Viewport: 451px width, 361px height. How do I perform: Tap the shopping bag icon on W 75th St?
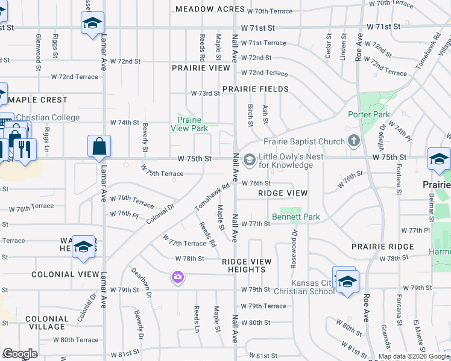click(x=99, y=146)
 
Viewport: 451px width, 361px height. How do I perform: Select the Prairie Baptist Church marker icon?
click(x=353, y=142)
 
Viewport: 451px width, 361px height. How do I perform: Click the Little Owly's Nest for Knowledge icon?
click(x=250, y=159)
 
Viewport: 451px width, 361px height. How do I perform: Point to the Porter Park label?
click(x=369, y=114)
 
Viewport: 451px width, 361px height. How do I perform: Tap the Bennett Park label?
click(x=295, y=217)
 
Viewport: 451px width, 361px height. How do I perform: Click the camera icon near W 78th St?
click(x=177, y=277)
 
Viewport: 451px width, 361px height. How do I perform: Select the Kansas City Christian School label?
click(x=313, y=287)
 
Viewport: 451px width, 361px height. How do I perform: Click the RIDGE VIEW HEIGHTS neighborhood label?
click(x=246, y=266)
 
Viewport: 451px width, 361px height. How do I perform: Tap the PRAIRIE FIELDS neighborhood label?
click(x=255, y=89)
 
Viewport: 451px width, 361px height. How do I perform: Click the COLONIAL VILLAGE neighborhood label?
click(x=47, y=323)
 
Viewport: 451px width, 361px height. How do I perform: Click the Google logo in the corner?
click(x=19, y=354)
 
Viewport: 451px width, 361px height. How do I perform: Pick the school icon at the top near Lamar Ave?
click(x=92, y=23)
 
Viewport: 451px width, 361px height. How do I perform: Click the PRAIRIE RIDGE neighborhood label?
click(x=383, y=247)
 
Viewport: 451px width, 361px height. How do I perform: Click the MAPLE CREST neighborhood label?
click(x=37, y=100)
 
